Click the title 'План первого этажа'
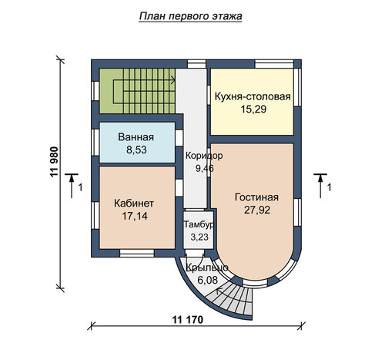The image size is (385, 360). [190, 17]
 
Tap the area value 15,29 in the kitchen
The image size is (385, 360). [253, 109]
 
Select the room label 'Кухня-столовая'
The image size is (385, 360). [253, 97]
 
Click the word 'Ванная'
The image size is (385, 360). [136, 137]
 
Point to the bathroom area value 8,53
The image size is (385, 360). [136, 150]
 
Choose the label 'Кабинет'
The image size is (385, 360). [134, 204]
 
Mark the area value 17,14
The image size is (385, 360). [135, 216]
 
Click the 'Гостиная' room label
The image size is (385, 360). [256, 197]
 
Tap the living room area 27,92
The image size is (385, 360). [257, 210]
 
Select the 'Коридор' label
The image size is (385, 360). [204, 156]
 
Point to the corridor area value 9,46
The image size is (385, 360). [205, 169]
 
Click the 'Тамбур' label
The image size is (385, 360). [199, 224]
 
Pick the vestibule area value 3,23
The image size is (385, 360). [199, 237]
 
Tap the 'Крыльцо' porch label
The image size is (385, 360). [207, 267]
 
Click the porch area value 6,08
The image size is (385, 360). [207, 280]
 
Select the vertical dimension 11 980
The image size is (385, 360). [55, 162]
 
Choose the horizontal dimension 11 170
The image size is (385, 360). [188, 320]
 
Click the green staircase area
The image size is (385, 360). [137, 91]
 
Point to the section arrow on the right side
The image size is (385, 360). [320, 186]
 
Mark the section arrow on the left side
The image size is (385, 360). [72, 186]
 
